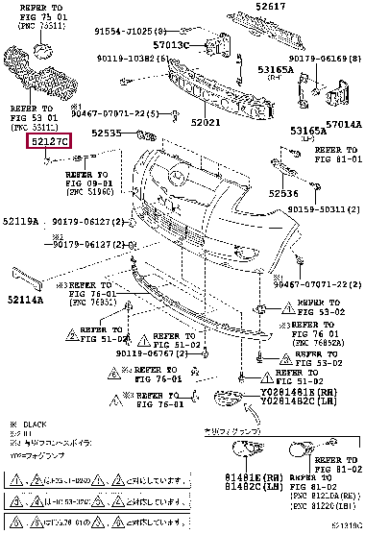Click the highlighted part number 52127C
coord(47,141)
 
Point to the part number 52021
coord(207,123)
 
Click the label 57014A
coord(343,125)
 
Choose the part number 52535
coord(107,133)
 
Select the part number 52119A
coord(20,222)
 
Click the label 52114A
coord(20,299)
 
